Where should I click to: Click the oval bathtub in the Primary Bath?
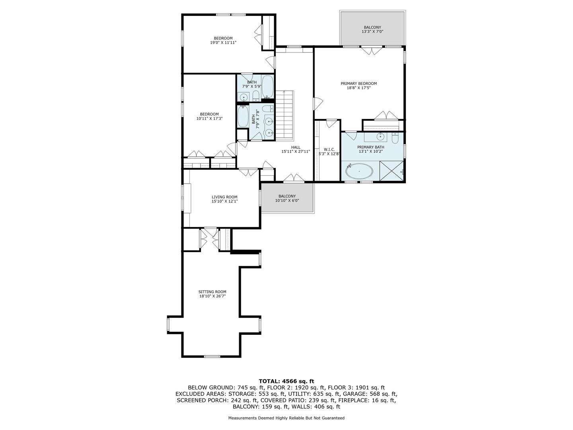[x=359, y=172]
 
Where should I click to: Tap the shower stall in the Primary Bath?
[x=392, y=171]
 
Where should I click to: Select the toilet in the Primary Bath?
[x=394, y=138]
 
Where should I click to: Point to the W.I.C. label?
[x=329, y=149]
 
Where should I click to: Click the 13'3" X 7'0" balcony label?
[x=372, y=31]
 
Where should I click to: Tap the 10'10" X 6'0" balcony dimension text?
[x=287, y=201]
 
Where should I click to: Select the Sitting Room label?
[x=212, y=291]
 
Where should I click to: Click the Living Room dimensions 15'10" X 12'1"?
[x=224, y=201]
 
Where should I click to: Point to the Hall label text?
[x=296, y=147]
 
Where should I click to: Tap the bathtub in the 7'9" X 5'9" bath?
[x=267, y=87]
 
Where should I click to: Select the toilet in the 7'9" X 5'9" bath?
[x=256, y=96]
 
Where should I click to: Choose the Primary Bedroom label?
[x=359, y=84]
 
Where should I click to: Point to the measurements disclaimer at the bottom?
[x=286, y=418]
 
